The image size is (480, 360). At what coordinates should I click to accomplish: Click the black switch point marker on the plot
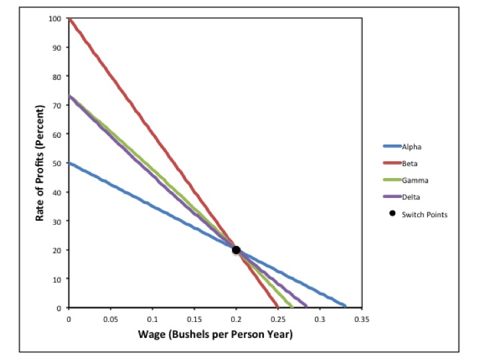point(236,250)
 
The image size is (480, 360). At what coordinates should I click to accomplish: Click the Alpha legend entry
point(411,147)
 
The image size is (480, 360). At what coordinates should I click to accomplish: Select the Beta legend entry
point(409,163)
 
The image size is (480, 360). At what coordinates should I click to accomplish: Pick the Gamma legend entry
point(413,180)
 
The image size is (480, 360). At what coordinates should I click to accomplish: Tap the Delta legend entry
point(411,197)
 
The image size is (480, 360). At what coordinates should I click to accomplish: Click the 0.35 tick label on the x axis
point(361,319)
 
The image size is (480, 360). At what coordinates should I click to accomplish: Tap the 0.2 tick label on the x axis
point(236,319)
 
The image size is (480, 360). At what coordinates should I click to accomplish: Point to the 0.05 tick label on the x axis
point(110,319)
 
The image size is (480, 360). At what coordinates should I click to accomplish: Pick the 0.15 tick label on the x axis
point(194,319)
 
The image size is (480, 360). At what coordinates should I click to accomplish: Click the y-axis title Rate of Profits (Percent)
point(39,163)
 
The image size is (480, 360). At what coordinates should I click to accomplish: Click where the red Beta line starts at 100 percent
point(69,19)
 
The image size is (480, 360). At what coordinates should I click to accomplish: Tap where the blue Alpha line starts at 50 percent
point(69,163)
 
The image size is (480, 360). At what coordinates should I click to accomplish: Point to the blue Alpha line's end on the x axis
point(345,306)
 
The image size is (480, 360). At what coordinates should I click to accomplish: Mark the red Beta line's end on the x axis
point(277,307)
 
